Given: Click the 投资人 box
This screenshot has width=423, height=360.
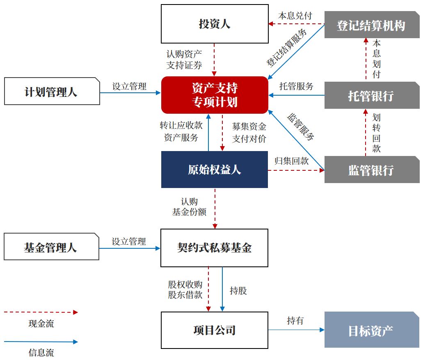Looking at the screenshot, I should click(215, 24).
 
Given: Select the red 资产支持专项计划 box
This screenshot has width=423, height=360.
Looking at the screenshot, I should click(215, 95).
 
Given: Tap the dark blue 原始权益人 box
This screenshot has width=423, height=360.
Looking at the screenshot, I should click(215, 170).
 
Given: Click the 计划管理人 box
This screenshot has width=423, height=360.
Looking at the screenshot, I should click(52, 92).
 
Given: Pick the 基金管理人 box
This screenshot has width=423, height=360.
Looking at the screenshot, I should click(51, 247).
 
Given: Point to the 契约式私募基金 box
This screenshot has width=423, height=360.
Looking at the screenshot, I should click(214, 248).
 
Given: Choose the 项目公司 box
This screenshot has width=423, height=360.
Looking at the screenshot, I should click(214, 330).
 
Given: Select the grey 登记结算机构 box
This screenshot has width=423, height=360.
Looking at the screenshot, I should click(371, 25).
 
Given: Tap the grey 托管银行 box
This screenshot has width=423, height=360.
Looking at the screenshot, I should click(371, 96).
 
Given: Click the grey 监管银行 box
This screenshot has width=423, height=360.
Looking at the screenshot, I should click(371, 170).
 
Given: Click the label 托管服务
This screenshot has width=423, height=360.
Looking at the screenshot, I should click(296, 86).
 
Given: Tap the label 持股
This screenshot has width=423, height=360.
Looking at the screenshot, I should click(238, 291).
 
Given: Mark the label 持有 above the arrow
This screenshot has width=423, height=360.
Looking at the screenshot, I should click(295, 321).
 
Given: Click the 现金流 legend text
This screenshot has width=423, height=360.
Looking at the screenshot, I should click(41, 323).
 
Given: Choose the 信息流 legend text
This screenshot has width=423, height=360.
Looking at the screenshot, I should click(41, 352).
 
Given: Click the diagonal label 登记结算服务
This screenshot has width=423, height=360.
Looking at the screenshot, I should click(286, 48).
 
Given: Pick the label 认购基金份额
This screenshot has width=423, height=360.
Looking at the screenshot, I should click(189, 207).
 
